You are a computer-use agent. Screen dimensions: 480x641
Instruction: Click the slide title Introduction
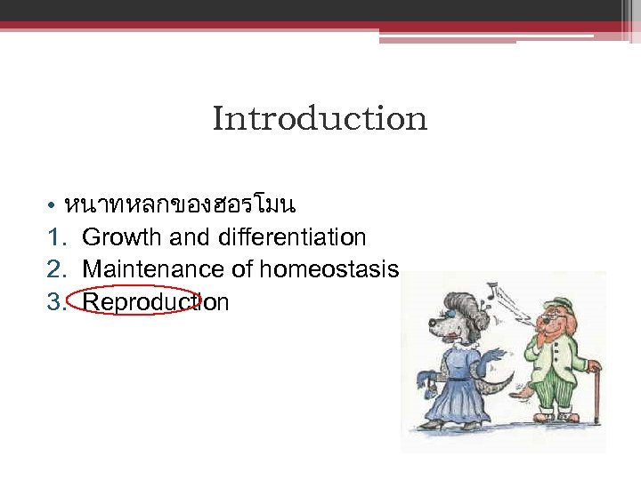pyautogui.click(x=320, y=119)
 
